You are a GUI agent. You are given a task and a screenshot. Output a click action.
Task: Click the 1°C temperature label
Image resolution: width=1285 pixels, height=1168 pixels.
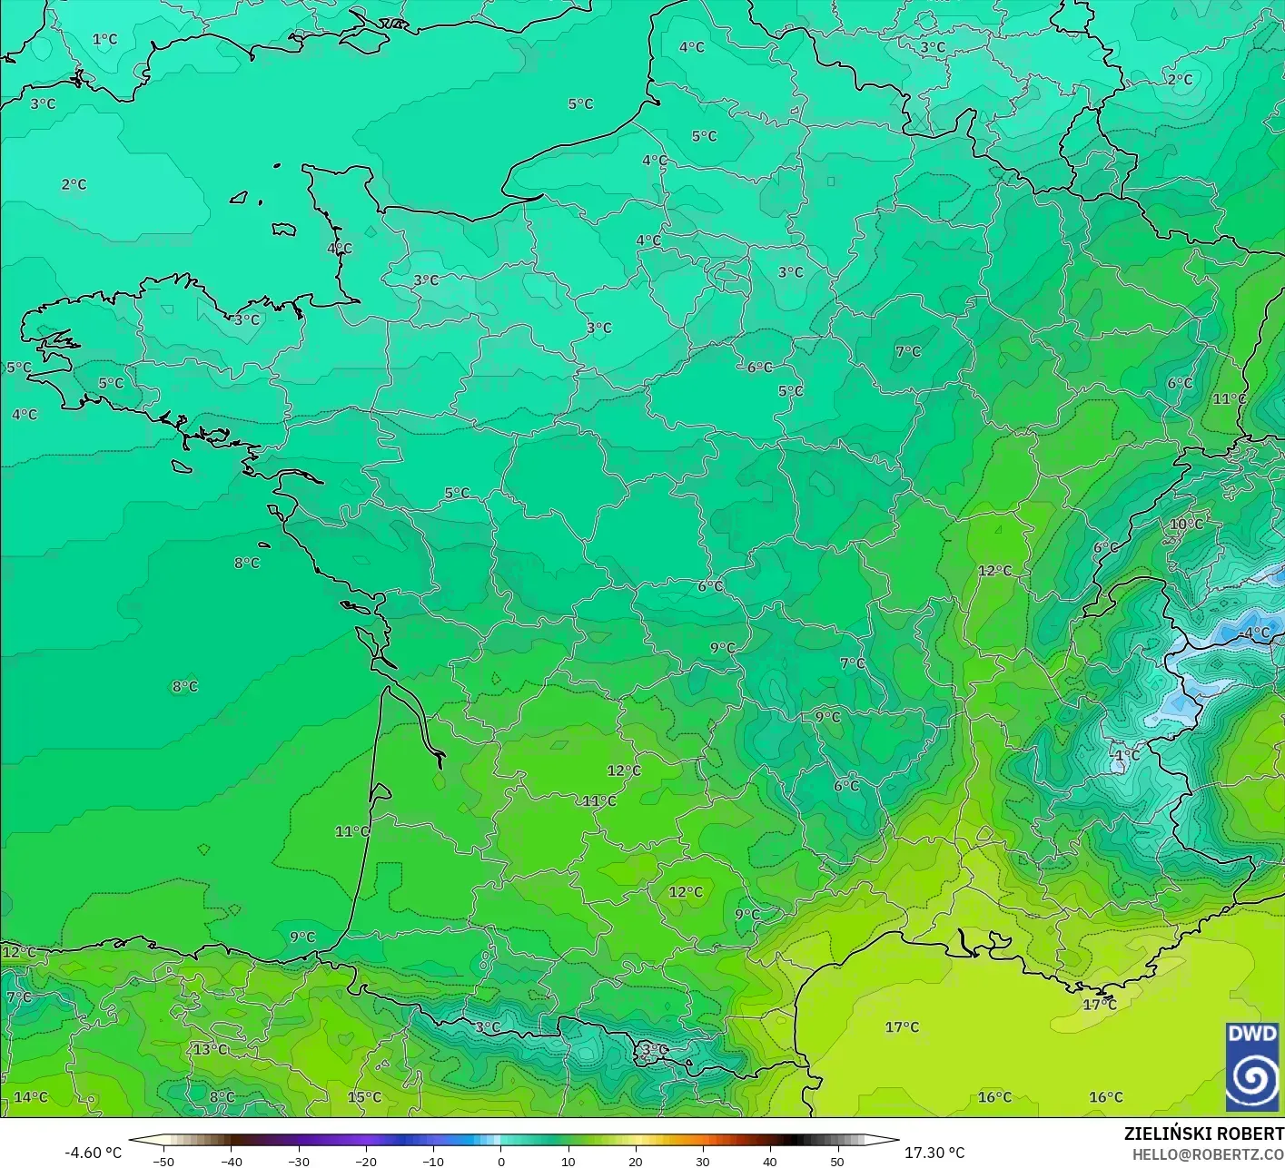point(104,39)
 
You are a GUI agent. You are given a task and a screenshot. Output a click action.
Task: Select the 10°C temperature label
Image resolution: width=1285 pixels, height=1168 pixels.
point(1186,524)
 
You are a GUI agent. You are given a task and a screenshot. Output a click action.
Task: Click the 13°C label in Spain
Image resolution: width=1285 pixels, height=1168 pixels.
point(210,1049)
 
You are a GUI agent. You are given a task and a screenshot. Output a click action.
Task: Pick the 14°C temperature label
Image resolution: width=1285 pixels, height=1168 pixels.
point(30,1097)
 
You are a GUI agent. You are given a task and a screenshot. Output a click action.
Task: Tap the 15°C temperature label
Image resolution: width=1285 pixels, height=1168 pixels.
point(364,1097)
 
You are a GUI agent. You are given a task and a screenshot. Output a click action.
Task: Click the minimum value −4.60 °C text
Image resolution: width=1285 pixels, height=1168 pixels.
point(93,1153)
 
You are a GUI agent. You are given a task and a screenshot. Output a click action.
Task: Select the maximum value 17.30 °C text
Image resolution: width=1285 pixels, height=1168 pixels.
point(934,1153)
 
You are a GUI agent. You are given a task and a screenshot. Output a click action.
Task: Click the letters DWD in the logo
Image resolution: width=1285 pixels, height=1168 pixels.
point(1252,1034)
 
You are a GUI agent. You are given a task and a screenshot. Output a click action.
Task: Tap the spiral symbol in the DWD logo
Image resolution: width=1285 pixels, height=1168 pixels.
point(1252,1077)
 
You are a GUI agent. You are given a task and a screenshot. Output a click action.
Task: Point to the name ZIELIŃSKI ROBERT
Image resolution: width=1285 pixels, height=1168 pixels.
point(1204,1134)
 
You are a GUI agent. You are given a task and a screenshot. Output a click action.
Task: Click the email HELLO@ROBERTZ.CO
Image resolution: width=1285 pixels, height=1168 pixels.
point(1208,1153)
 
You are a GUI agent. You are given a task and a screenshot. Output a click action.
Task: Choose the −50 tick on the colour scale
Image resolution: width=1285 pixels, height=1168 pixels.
point(163,1162)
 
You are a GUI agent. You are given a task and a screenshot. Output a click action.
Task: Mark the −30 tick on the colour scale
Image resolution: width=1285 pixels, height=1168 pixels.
point(298,1162)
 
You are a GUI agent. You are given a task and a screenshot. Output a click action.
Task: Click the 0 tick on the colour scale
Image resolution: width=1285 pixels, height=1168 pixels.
point(500,1162)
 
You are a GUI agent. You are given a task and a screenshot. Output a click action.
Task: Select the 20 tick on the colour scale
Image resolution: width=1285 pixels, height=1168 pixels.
point(635,1162)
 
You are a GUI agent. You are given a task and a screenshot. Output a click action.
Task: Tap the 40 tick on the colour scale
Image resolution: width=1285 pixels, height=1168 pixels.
point(769,1162)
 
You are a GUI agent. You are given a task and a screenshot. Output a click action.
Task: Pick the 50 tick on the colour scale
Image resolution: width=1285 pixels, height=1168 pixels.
point(836,1162)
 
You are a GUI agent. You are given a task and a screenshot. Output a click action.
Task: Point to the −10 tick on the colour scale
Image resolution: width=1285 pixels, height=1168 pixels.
point(432,1162)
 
